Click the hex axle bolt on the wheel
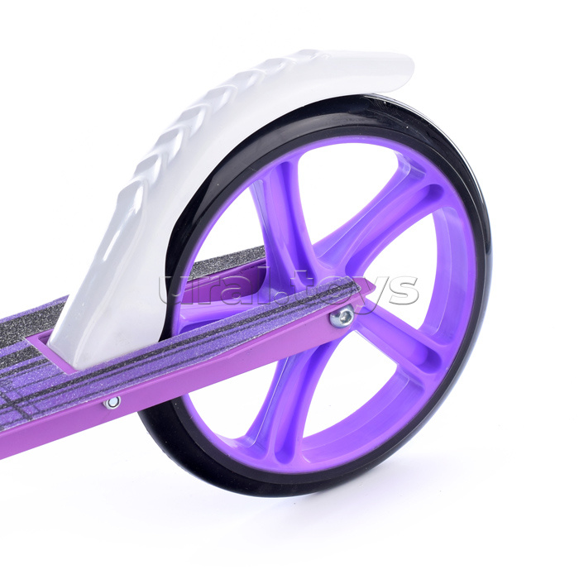click(x=342, y=317)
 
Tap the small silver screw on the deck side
click(x=112, y=402)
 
